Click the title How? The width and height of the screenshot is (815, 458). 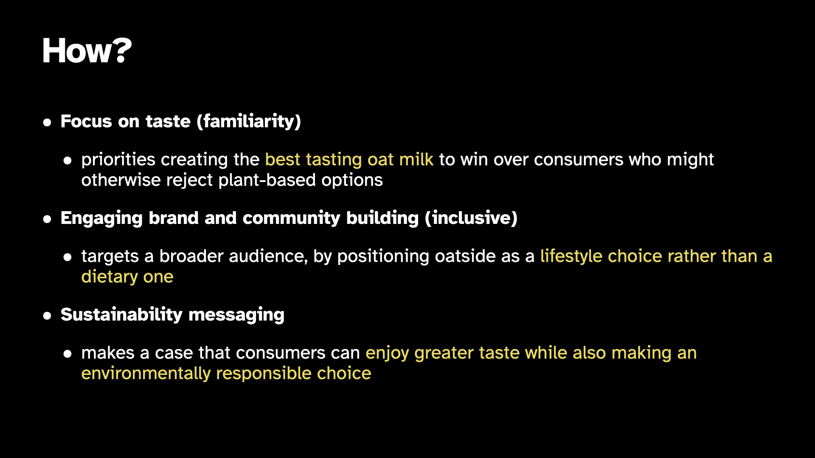[x=87, y=51]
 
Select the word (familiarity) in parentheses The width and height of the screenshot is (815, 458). [x=249, y=122]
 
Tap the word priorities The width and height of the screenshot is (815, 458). [x=118, y=160]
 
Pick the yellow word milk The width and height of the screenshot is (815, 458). [x=416, y=159]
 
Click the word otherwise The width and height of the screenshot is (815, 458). [x=121, y=180]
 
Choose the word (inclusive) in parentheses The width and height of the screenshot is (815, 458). [x=471, y=218]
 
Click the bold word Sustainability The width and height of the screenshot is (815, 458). [x=121, y=315]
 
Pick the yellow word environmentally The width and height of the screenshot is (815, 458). [x=146, y=374]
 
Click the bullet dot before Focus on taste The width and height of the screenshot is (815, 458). [x=47, y=123]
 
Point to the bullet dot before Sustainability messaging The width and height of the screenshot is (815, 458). [x=47, y=316]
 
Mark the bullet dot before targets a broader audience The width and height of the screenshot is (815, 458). [x=67, y=257]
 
